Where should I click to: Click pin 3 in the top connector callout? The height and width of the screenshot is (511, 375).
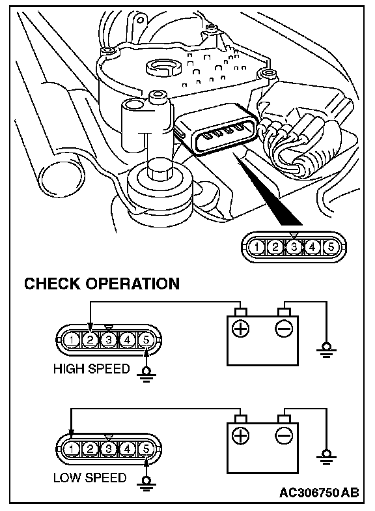point(294,246)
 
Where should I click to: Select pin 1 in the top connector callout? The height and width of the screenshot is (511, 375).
point(257,246)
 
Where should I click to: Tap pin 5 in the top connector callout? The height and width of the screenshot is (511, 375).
point(331,246)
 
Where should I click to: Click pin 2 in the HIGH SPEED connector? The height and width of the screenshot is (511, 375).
point(90,340)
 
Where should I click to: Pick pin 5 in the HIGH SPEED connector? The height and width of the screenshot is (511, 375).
point(146,340)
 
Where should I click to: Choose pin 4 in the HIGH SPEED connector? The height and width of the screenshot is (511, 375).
point(128,340)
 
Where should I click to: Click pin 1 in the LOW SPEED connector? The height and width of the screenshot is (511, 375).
point(72,449)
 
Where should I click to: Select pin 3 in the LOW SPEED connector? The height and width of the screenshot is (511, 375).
point(109,449)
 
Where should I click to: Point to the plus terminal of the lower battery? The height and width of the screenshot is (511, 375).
point(240,436)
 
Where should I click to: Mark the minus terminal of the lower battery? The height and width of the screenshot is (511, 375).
point(284,436)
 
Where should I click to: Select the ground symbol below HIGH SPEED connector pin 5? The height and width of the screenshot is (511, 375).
point(146,374)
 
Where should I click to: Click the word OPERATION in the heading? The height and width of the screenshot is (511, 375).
point(133,284)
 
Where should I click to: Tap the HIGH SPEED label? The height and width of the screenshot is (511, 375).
point(91,369)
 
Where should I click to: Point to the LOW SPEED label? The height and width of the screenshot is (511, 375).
point(90,478)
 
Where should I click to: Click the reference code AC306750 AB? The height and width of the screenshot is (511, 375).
point(319,492)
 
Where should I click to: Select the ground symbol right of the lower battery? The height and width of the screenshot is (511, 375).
point(326,458)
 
